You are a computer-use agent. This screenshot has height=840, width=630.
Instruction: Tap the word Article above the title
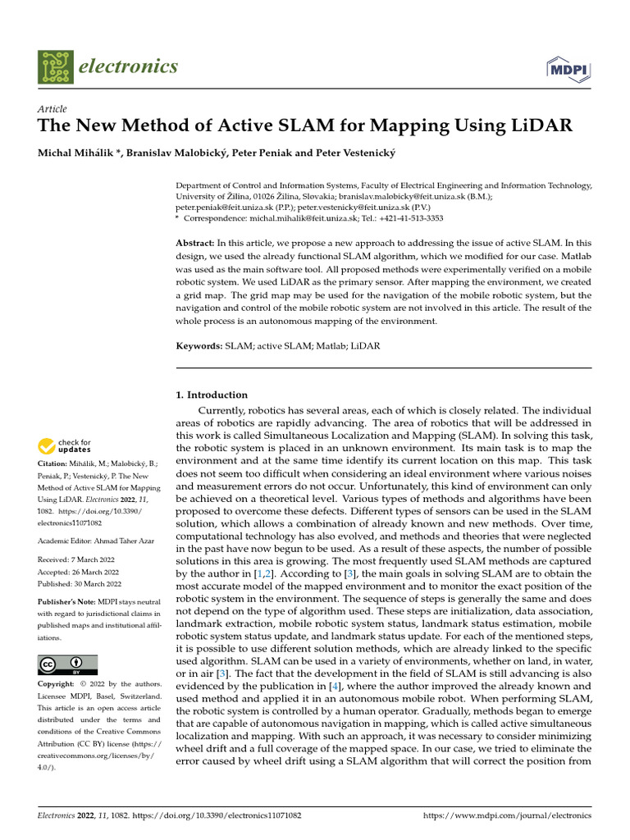tap(52, 109)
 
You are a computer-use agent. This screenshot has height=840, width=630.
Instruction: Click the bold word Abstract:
tap(195, 244)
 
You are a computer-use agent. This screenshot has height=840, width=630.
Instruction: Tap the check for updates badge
tap(65, 446)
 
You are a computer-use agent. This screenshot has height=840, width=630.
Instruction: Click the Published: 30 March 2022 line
tap(80, 583)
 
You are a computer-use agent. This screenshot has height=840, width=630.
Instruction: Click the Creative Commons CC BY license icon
tap(67, 664)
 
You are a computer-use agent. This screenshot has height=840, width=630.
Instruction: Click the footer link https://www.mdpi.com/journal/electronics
tap(507, 816)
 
